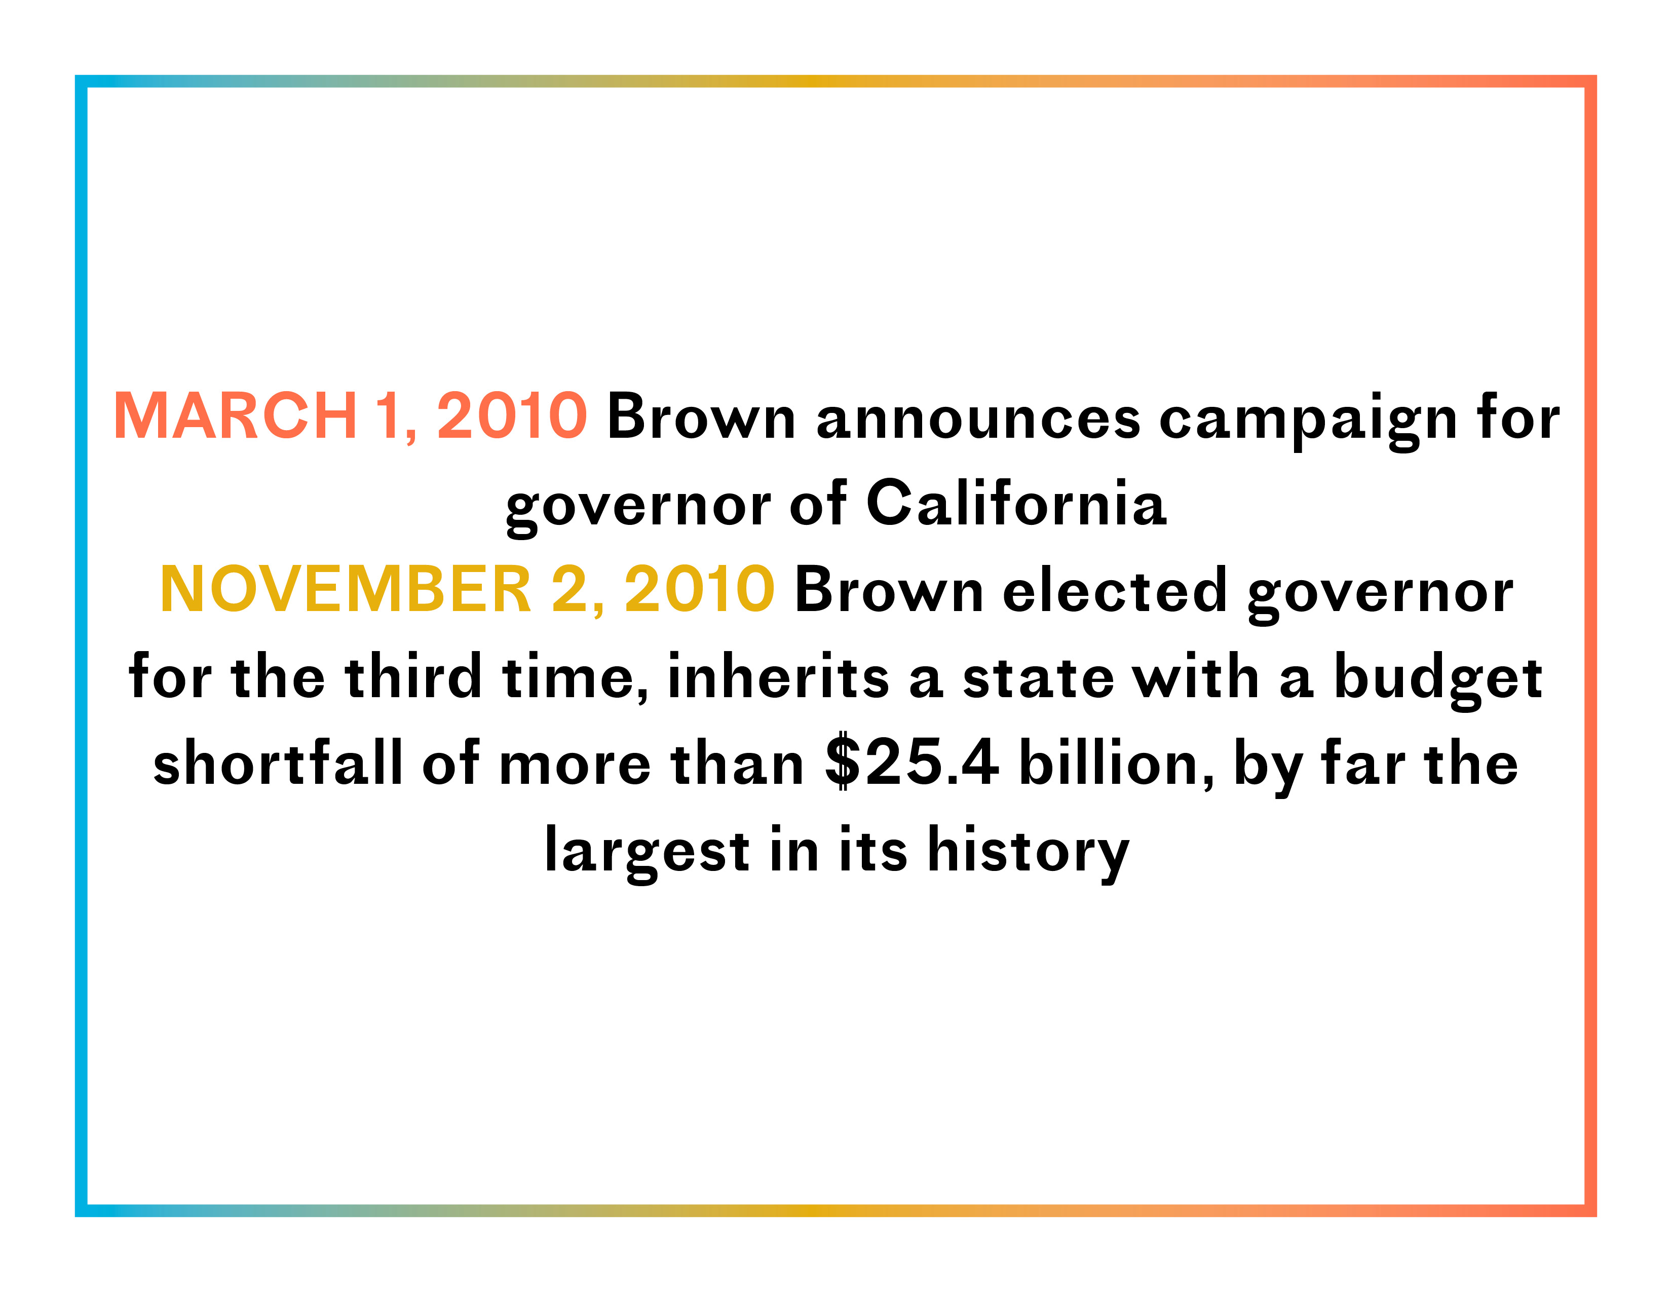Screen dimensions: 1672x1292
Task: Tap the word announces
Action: click(x=978, y=419)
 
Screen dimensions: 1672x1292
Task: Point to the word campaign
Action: click(x=1308, y=422)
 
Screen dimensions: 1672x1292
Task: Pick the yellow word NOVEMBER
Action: click(x=345, y=589)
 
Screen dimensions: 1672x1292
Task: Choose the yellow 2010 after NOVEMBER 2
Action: click(x=700, y=589)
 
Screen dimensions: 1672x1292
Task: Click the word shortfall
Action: click(x=278, y=763)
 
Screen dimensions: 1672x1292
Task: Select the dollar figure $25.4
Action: click(x=912, y=763)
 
